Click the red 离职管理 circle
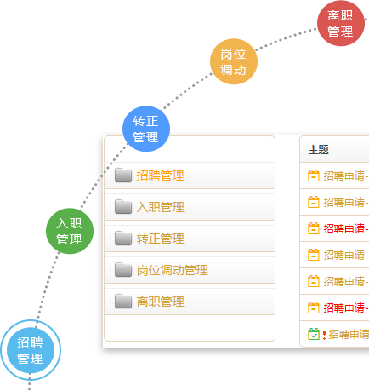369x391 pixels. click(341, 23)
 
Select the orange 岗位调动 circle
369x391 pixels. click(234, 61)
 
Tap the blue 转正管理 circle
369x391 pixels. click(146, 129)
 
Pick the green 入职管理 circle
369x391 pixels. click(70, 231)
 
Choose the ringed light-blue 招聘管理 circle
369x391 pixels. click(31, 350)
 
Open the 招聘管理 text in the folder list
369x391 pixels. click(160, 175)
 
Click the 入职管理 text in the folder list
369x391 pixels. click(160, 207)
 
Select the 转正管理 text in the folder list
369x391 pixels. click(160, 239)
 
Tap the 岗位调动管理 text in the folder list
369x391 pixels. click(172, 270)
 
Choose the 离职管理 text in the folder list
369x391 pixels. click(160, 302)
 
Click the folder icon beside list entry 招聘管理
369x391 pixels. click(123, 175)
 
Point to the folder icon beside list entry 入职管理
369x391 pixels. click(123, 206)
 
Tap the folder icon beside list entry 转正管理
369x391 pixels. click(123, 238)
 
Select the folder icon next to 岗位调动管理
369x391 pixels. click(123, 269)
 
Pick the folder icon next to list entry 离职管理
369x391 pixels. click(123, 301)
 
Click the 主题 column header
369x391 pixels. click(319, 150)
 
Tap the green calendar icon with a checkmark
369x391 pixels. click(314, 334)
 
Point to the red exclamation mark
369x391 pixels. click(324, 335)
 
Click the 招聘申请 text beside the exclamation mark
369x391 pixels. click(349, 335)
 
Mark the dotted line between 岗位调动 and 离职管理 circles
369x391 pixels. click(286, 38)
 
